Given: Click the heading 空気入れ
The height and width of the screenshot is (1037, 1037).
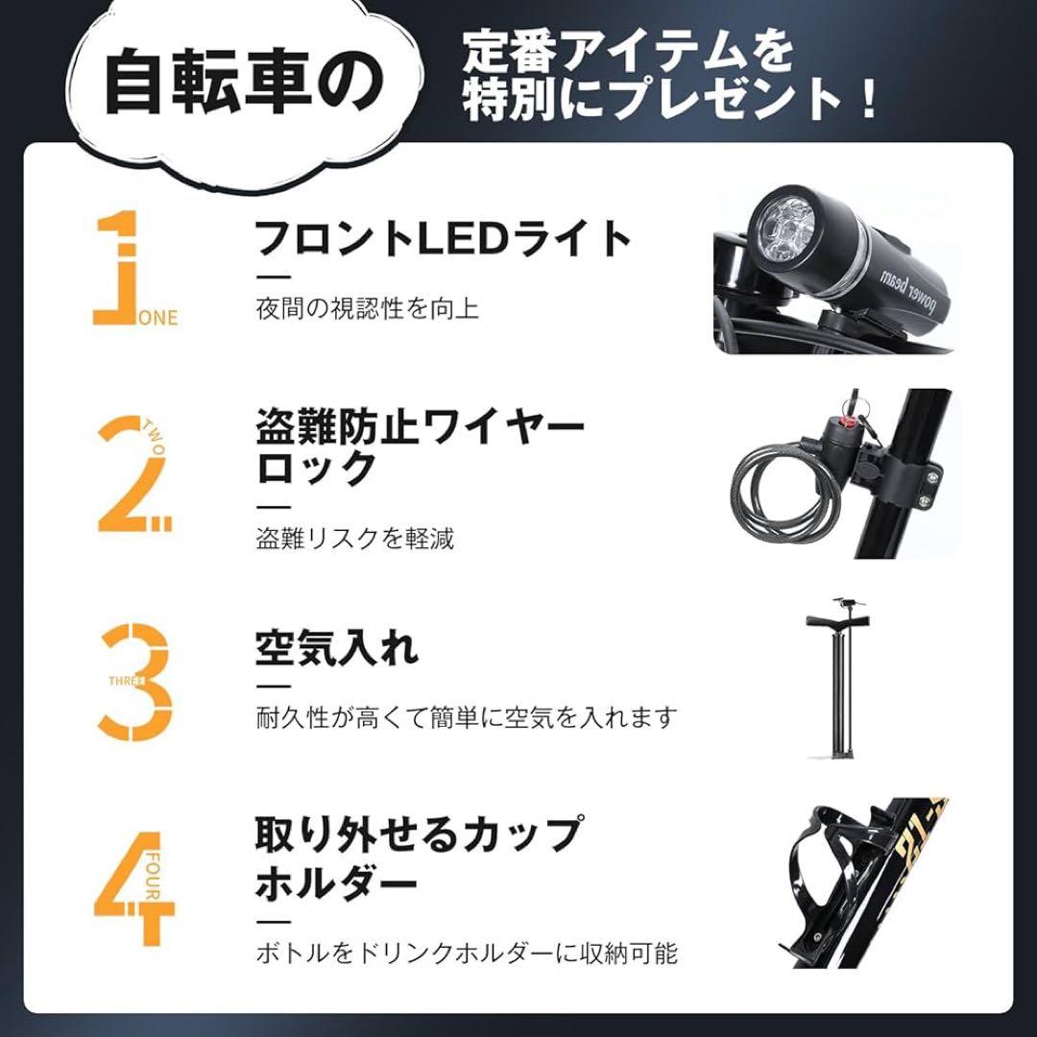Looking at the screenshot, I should coord(336,649).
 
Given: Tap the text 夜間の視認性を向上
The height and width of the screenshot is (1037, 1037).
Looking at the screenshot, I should coord(367,309).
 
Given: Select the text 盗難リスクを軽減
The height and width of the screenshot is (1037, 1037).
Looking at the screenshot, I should coord(354,538).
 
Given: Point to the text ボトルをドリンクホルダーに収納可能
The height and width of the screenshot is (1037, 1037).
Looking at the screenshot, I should coord(467,953).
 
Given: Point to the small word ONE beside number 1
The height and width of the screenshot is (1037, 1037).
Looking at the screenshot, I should coord(158,318).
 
